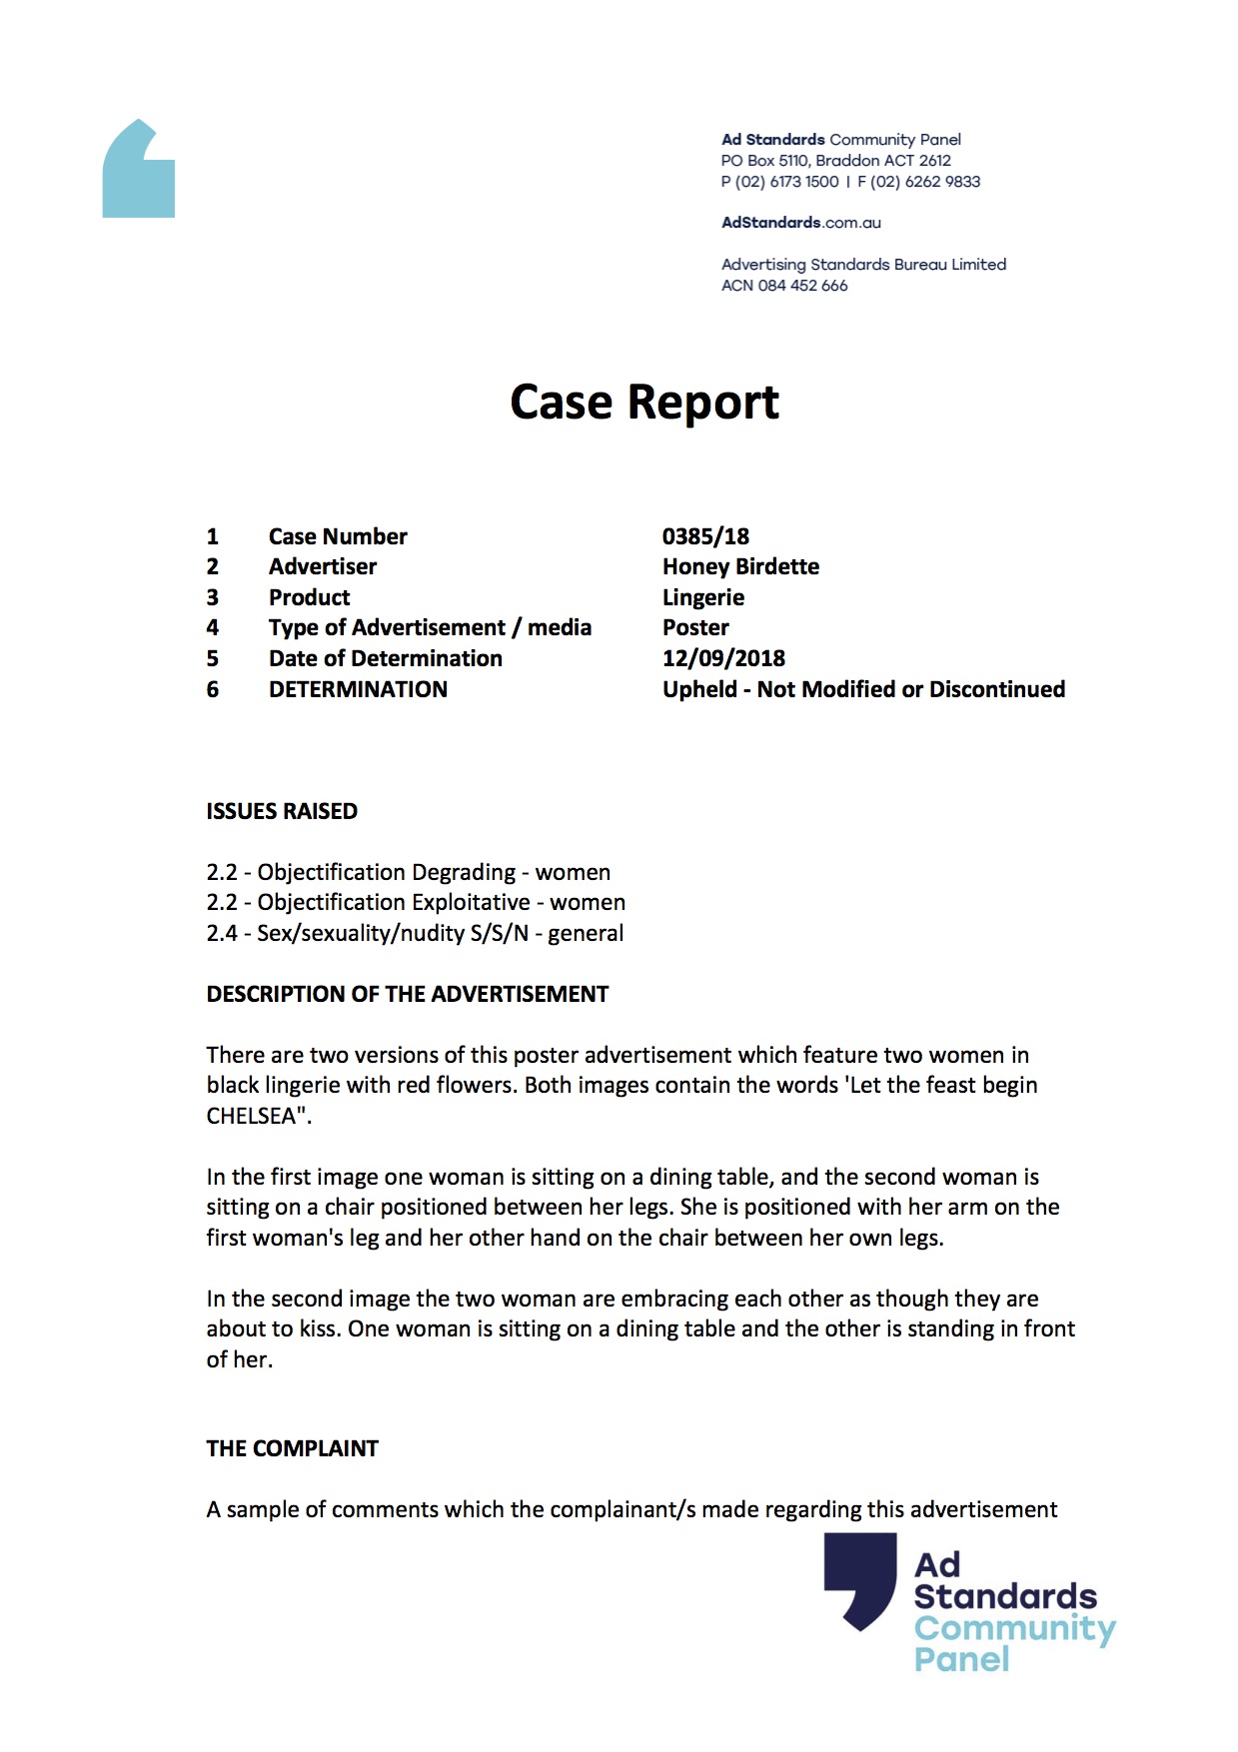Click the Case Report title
[x=643, y=403]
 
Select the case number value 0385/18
[x=705, y=536]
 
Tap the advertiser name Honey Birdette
[x=740, y=566]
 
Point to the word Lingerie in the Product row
[x=702, y=597]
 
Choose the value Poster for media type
[x=695, y=627]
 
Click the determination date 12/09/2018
[x=723, y=658]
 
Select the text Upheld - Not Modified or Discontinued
[x=863, y=689]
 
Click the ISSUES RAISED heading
[x=282, y=811]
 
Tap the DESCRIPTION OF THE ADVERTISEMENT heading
[x=407, y=994]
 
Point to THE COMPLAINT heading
[x=292, y=1448]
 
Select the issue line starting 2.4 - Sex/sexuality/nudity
[x=415, y=933]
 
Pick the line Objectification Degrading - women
[x=408, y=872]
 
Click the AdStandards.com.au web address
[x=800, y=223]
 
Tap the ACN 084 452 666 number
[x=784, y=286]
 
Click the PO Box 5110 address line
[x=835, y=161]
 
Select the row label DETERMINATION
[x=358, y=689]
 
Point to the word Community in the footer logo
[x=1014, y=1628]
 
